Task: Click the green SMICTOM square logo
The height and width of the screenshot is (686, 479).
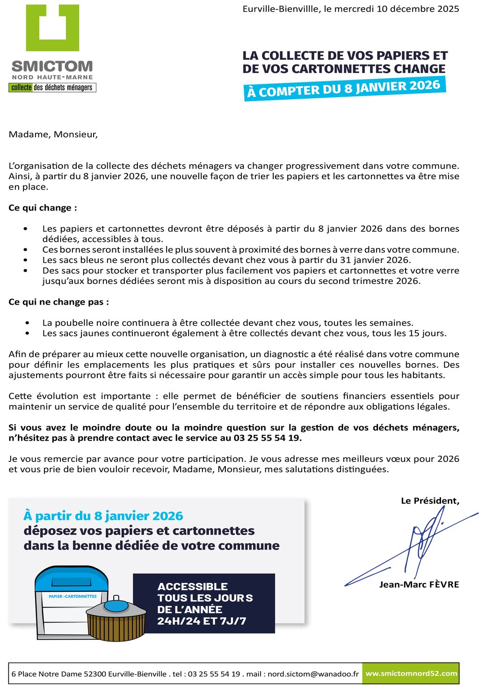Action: click(x=52, y=28)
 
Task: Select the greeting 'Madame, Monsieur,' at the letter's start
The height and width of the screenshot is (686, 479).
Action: click(x=53, y=135)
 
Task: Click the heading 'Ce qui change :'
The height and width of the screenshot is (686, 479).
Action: click(x=43, y=208)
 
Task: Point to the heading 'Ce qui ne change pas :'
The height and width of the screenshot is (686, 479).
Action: click(x=58, y=302)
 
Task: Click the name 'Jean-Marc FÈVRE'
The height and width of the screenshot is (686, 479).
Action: click(x=419, y=584)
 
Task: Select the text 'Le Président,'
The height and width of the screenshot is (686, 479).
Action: click(x=430, y=501)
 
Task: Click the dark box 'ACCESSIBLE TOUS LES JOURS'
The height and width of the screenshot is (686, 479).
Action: click(x=204, y=604)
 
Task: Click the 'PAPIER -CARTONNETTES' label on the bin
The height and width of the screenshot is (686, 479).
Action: click(x=73, y=597)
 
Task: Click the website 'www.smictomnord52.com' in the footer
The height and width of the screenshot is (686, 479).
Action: click(x=411, y=674)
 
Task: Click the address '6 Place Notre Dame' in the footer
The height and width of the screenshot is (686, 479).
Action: click(x=46, y=674)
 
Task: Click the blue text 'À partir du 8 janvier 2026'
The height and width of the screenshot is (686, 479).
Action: click(x=103, y=516)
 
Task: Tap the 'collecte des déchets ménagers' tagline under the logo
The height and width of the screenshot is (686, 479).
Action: click(x=52, y=88)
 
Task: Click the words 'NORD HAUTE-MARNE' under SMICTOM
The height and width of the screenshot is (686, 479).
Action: click(x=52, y=77)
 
